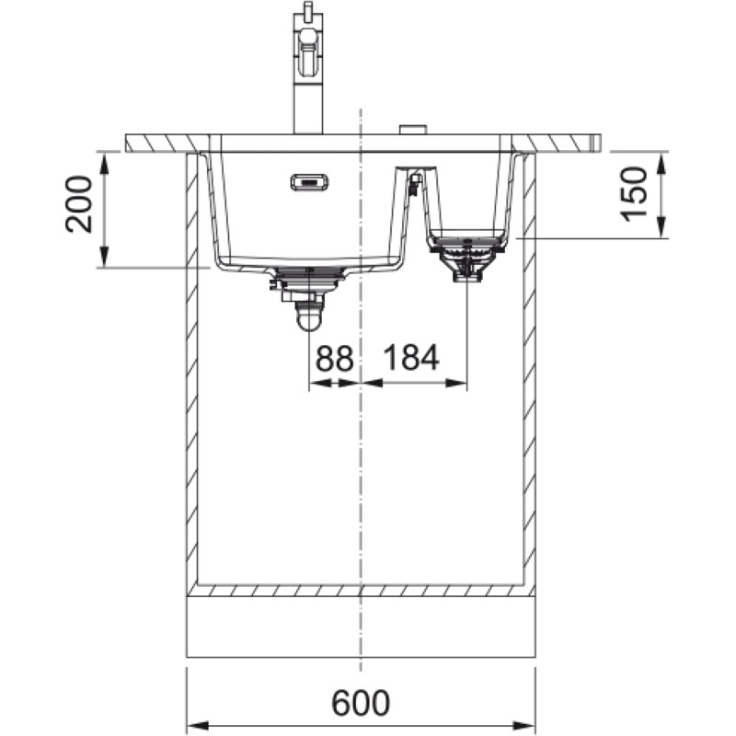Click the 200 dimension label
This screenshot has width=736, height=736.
pos(79,204)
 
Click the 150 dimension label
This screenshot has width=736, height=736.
pos(634,194)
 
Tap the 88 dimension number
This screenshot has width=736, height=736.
pos(334,358)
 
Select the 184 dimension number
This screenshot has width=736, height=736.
pos(411,357)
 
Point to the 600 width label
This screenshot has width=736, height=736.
pos(361,703)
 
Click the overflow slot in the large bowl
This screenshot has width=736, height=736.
pos(309,182)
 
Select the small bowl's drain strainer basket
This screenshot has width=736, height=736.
pos(466,259)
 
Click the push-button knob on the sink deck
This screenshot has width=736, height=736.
pos(412,130)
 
